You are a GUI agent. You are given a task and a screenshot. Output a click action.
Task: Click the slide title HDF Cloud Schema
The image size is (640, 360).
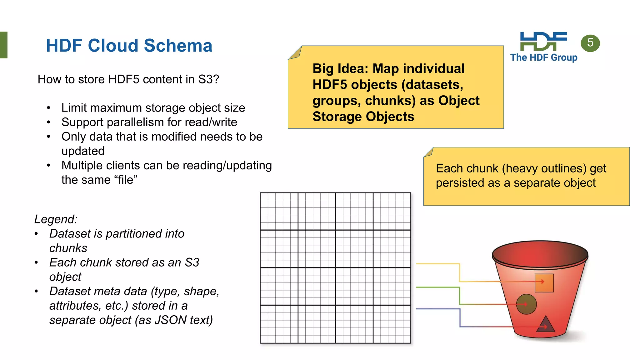[129, 46]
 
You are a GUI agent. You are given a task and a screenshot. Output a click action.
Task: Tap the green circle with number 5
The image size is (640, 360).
[590, 43]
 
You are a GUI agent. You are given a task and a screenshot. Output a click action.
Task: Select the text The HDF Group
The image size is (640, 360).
[544, 57]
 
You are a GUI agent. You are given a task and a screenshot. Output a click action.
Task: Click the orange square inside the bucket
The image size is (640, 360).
[544, 283]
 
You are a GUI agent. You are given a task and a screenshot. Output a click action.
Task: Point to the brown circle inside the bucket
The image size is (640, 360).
[526, 304]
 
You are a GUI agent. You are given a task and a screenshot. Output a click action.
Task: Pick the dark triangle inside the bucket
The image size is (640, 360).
[545, 324]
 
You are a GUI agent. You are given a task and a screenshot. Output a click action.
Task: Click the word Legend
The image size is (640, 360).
[56, 219]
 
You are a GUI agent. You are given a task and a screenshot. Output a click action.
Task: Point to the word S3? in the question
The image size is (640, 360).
[208, 79]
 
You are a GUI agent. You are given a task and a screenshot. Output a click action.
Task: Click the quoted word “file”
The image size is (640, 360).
[126, 180]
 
